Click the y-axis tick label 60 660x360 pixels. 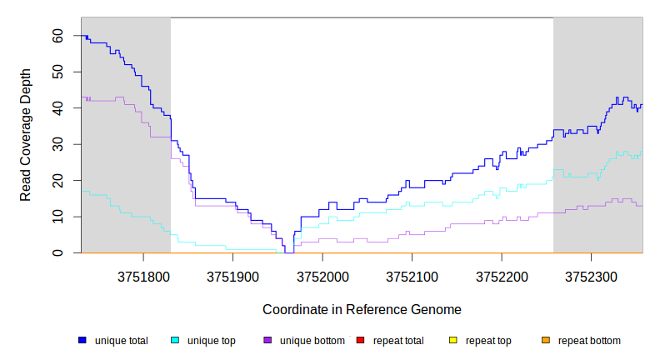point(57,37)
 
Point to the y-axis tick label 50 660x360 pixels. point(57,72)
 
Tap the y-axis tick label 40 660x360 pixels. point(57,108)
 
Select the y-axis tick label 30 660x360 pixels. point(57,144)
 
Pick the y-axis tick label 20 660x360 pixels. point(57,180)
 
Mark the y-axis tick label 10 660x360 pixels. point(57,217)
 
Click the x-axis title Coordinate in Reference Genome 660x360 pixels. point(362,309)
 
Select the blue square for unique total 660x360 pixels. point(82,340)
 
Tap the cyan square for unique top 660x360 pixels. point(175,340)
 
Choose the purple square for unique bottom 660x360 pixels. point(267,340)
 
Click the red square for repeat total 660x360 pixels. point(360,340)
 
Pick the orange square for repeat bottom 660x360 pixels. point(545,340)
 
